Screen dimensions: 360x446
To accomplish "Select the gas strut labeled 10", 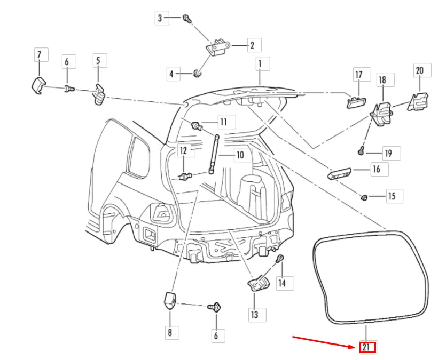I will (214, 155).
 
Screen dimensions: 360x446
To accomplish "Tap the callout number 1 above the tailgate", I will (260, 65).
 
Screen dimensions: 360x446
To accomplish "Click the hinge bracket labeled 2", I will (218, 47).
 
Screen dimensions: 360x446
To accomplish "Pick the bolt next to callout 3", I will (186, 18).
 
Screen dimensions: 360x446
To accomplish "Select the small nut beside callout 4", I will (197, 73).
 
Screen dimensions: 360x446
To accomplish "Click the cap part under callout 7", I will (37, 85).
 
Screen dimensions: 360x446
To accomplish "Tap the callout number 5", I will (98, 61).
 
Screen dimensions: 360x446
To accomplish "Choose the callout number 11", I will (223, 122).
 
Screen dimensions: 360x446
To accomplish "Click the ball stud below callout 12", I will (185, 176).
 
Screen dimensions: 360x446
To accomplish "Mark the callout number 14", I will (282, 283).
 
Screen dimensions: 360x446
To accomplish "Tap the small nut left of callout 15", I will (364, 198).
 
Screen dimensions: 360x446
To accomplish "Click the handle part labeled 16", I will (339, 173).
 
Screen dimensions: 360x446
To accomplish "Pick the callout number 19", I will (388, 154).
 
